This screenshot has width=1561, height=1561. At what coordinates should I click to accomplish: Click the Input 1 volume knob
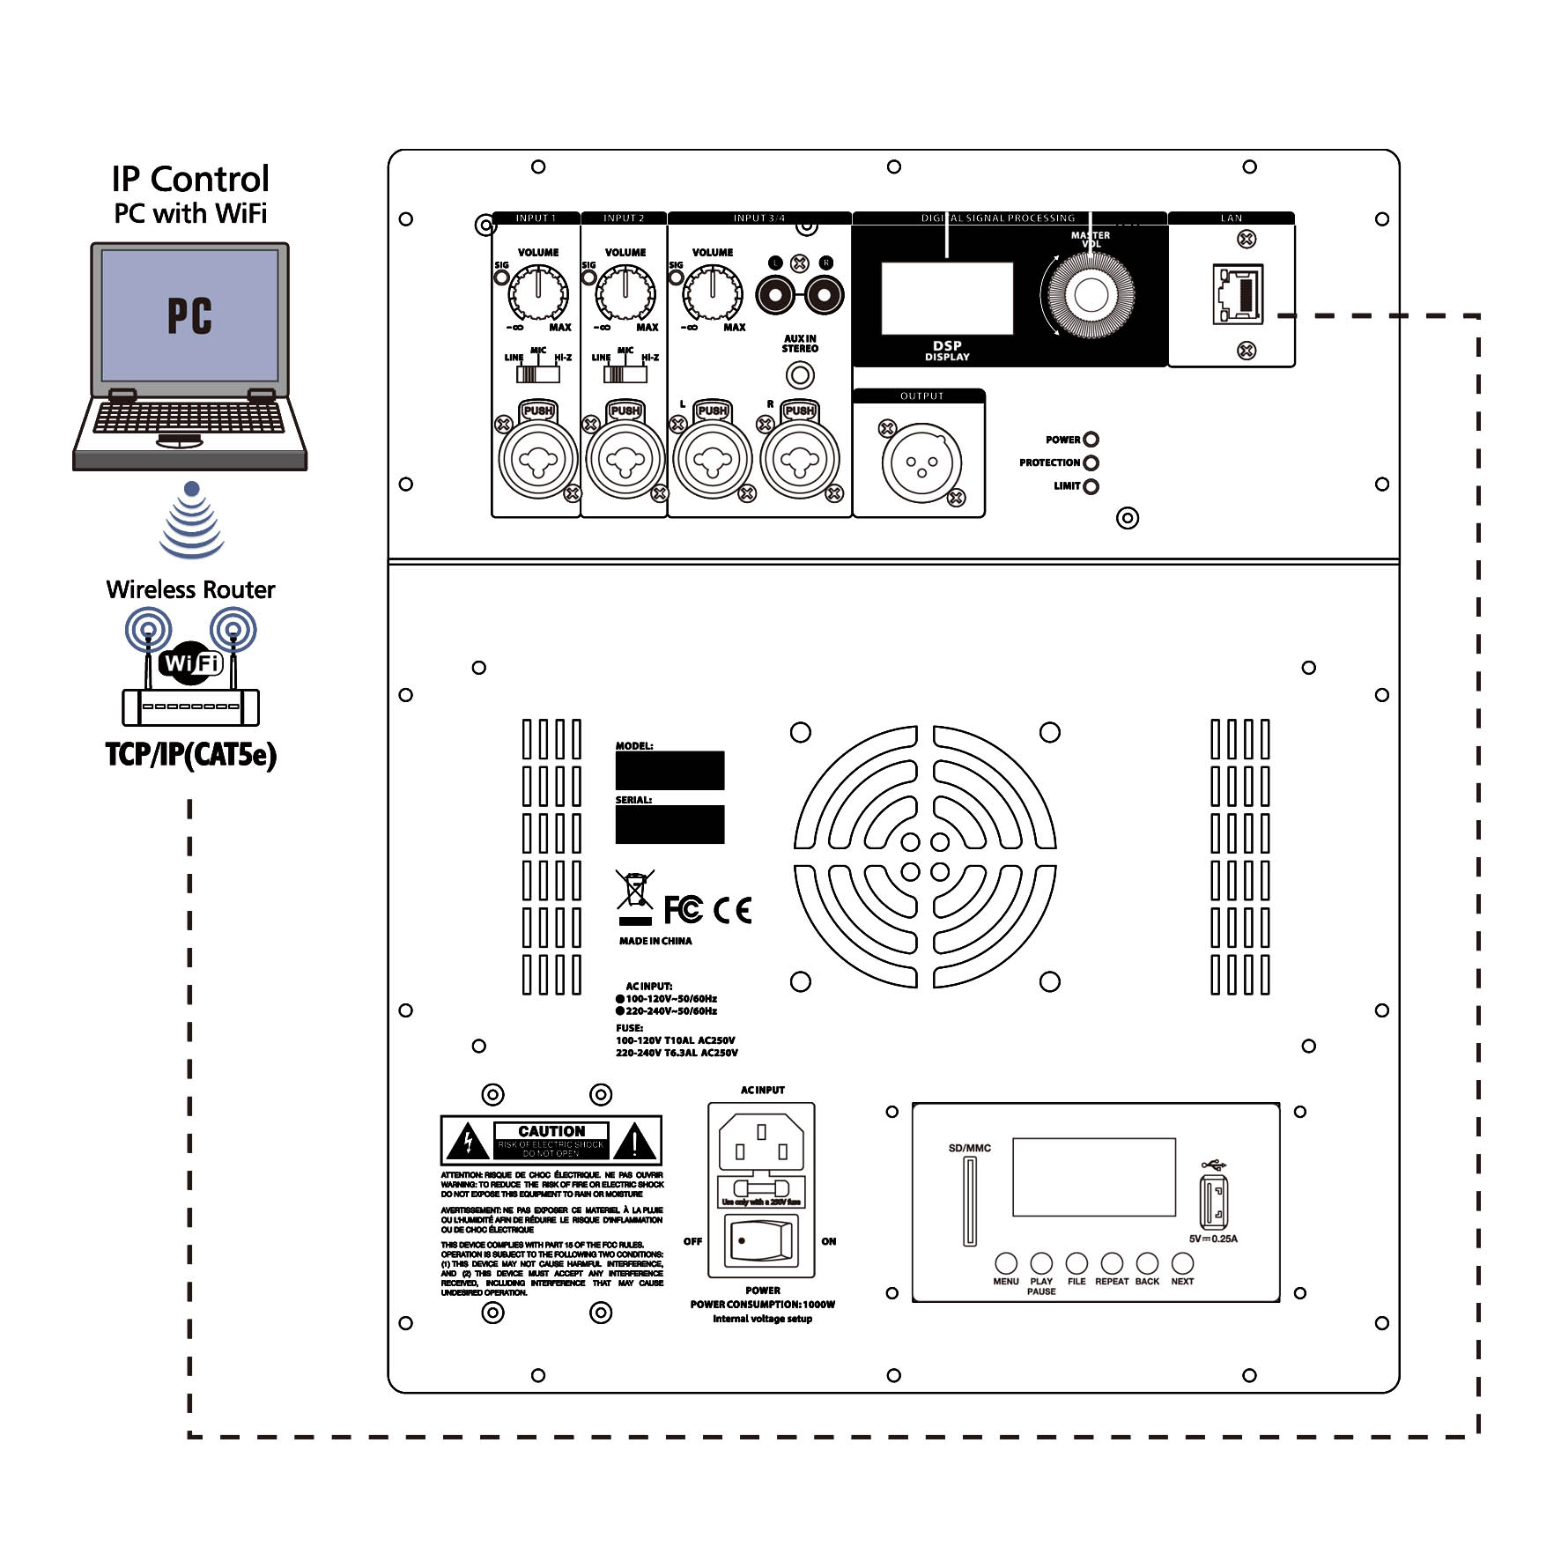coord(537,293)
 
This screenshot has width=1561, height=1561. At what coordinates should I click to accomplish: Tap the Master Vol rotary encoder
coord(1091,294)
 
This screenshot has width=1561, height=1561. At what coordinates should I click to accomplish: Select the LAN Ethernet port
coord(1239,293)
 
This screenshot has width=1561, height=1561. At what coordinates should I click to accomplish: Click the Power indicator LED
coord(1091,440)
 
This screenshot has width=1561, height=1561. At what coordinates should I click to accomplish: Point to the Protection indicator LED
coord(1091,462)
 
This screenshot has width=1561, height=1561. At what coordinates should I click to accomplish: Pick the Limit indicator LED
coord(1091,486)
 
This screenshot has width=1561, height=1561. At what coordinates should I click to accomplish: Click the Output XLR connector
coord(921,462)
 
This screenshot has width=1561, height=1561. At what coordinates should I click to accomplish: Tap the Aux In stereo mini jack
coord(800,375)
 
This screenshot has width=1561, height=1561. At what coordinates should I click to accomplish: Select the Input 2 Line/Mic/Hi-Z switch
coord(625,374)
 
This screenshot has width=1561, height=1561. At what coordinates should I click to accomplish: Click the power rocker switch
coord(760,1240)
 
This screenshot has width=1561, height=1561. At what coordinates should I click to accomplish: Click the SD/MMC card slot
coord(970,1201)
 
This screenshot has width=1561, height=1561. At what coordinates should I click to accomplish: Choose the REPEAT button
coord(1112,1263)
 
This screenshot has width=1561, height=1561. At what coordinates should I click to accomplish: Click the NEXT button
coord(1182,1263)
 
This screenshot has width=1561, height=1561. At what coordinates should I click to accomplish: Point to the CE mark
coord(732,910)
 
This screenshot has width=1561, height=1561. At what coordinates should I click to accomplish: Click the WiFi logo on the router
coord(191,662)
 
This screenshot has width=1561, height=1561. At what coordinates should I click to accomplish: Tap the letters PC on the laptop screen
coord(189,315)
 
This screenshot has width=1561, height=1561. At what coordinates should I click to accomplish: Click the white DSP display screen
coord(947,298)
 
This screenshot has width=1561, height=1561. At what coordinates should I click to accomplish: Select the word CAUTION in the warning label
coord(551,1130)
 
